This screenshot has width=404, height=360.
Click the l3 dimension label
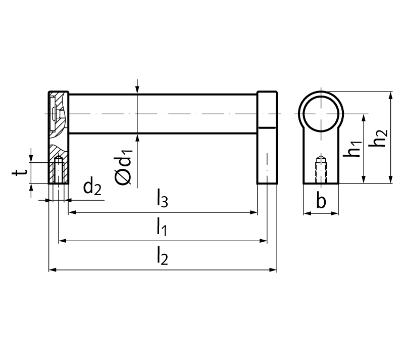coord(163,198)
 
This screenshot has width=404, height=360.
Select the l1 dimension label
coord(162,227)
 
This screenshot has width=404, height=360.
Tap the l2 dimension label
coord(163,255)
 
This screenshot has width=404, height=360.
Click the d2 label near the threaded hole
coord(92,187)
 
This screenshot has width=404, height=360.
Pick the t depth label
coord(19,172)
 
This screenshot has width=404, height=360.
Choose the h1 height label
coord(352,149)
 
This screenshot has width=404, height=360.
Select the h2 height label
coord(378,138)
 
